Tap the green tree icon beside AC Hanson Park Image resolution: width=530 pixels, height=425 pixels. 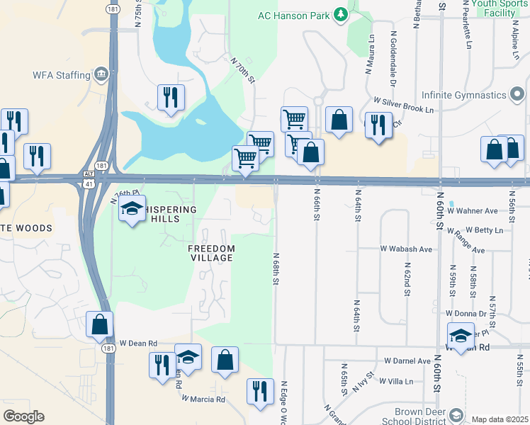coord(341,14)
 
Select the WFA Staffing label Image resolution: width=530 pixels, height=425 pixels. coord(60,74)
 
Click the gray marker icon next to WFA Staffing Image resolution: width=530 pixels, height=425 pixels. coord(101,74)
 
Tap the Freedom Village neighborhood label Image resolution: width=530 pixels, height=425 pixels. coord(210,253)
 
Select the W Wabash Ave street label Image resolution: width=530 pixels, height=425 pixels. coord(406,249)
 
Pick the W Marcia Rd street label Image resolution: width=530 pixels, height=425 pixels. coord(203,399)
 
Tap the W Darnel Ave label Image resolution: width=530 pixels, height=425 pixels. coord(407,361)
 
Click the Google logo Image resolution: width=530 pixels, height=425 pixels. coord(23,416)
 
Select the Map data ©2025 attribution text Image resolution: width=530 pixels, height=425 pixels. coord(500,419)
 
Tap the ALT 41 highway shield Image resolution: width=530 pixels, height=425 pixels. coord(88,179)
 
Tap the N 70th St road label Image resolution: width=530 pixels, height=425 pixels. coord(242,70)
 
